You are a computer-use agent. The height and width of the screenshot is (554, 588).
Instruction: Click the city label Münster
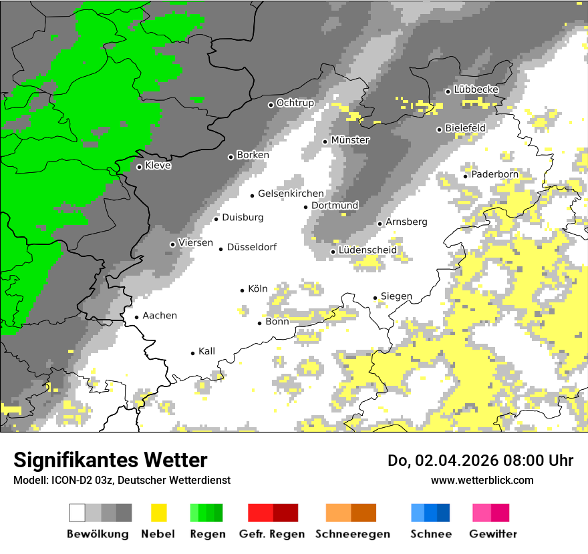pyautogui.click(x=350, y=140)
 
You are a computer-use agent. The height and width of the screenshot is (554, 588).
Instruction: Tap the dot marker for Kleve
pyautogui.click(x=139, y=167)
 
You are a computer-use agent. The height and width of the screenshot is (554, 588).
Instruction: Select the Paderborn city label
pyautogui.click(x=494, y=174)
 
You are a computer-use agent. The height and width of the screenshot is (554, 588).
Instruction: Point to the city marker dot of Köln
pyautogui.click(x=242, y=290)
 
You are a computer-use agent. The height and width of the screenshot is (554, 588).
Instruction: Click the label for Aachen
pyautogui.click(x=160, y=316)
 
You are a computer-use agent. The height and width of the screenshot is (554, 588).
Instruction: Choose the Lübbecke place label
pyautogui.click(x=476, y=89)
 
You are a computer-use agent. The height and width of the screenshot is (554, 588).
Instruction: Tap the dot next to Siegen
pyautogui.click(x=375, y=298)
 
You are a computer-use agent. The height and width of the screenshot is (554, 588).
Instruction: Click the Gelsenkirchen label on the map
pyautogui.click(x=291, y=194)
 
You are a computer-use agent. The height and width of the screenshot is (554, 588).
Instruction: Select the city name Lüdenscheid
pyautogui.click(x=367, y=250)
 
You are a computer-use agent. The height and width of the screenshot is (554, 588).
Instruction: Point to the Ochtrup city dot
pyautogui.click(x=271, y=105)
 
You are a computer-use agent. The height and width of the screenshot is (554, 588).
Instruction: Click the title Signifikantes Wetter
pyautogui.click(x=110, y=460)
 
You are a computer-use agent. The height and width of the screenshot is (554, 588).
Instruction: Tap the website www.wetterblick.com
pyautogui.click(x=482, y=480)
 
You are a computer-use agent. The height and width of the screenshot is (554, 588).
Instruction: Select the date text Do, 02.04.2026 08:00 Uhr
pyautogui.click(x=480, y=461)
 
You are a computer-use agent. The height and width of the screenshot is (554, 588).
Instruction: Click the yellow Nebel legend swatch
pyautogui.click(x=158, y=513)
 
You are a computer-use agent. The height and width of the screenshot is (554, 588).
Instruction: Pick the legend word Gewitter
pyautogui.click(x=492, y=534)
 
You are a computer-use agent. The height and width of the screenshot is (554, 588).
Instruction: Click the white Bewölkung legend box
pyautogui.click(x=78, y=513)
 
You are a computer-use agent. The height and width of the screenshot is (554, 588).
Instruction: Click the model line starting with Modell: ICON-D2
pyautogui.click(x=122, y=480)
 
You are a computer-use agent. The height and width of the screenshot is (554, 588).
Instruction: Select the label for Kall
pyautogui.click(x=206, y=351)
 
